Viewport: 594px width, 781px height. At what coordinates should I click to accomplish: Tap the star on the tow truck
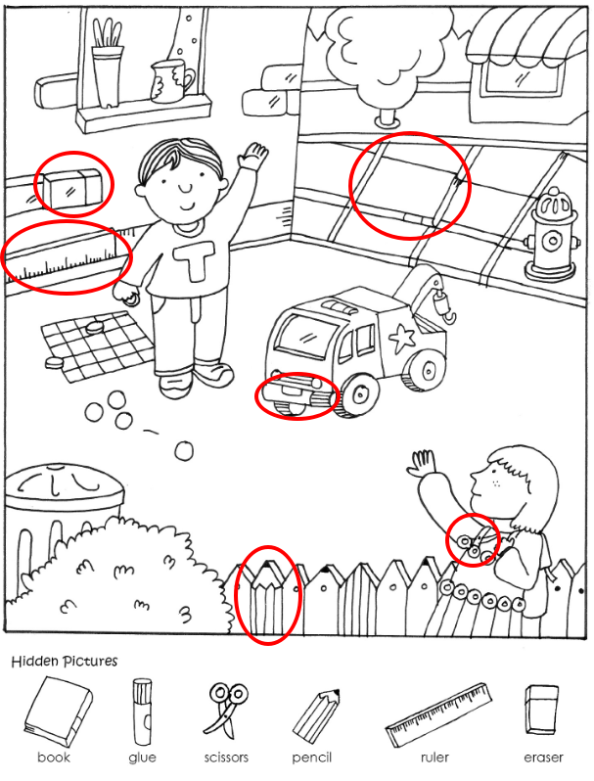pyautogui.click(x=402, y=339)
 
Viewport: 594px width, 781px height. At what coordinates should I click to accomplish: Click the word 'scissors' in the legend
pyautogui.click(x=226, y=758)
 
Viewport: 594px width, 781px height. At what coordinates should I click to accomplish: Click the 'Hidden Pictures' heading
pyautogui.click(x=65, y=661)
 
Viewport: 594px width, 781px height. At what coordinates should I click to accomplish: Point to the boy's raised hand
pyautogui.click(x=252, y=156)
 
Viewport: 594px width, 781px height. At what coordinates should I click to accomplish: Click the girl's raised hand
pyautogui.click(x=422, y=463)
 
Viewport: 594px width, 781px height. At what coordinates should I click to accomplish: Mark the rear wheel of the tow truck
pyautogui.click(x=427, y=370)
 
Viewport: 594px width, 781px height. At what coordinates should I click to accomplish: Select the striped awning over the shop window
pyautogui.click(x=528, y=38)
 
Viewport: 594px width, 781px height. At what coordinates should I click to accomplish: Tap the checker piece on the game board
pyautogui.click(x=94, y=327)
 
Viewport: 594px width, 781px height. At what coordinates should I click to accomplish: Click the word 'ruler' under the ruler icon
pyautogui.click(x=434, y=758)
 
